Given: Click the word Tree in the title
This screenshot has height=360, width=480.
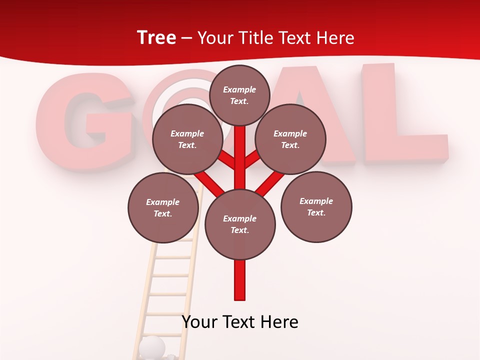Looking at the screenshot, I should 156,37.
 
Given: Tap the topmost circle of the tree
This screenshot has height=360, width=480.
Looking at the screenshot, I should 239,95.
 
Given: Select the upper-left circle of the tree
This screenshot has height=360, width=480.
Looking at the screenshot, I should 187,139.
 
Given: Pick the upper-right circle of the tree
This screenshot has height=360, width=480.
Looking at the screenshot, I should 290,139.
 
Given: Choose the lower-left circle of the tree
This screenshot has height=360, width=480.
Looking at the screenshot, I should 163,207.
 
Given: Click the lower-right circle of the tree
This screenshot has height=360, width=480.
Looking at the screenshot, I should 316,207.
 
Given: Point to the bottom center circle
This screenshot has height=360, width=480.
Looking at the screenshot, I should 240,224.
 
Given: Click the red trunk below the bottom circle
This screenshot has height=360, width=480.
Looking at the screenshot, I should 240,280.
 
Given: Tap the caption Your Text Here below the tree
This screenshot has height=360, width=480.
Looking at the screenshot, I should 240,322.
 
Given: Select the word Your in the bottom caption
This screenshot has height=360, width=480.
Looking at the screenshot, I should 200,322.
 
